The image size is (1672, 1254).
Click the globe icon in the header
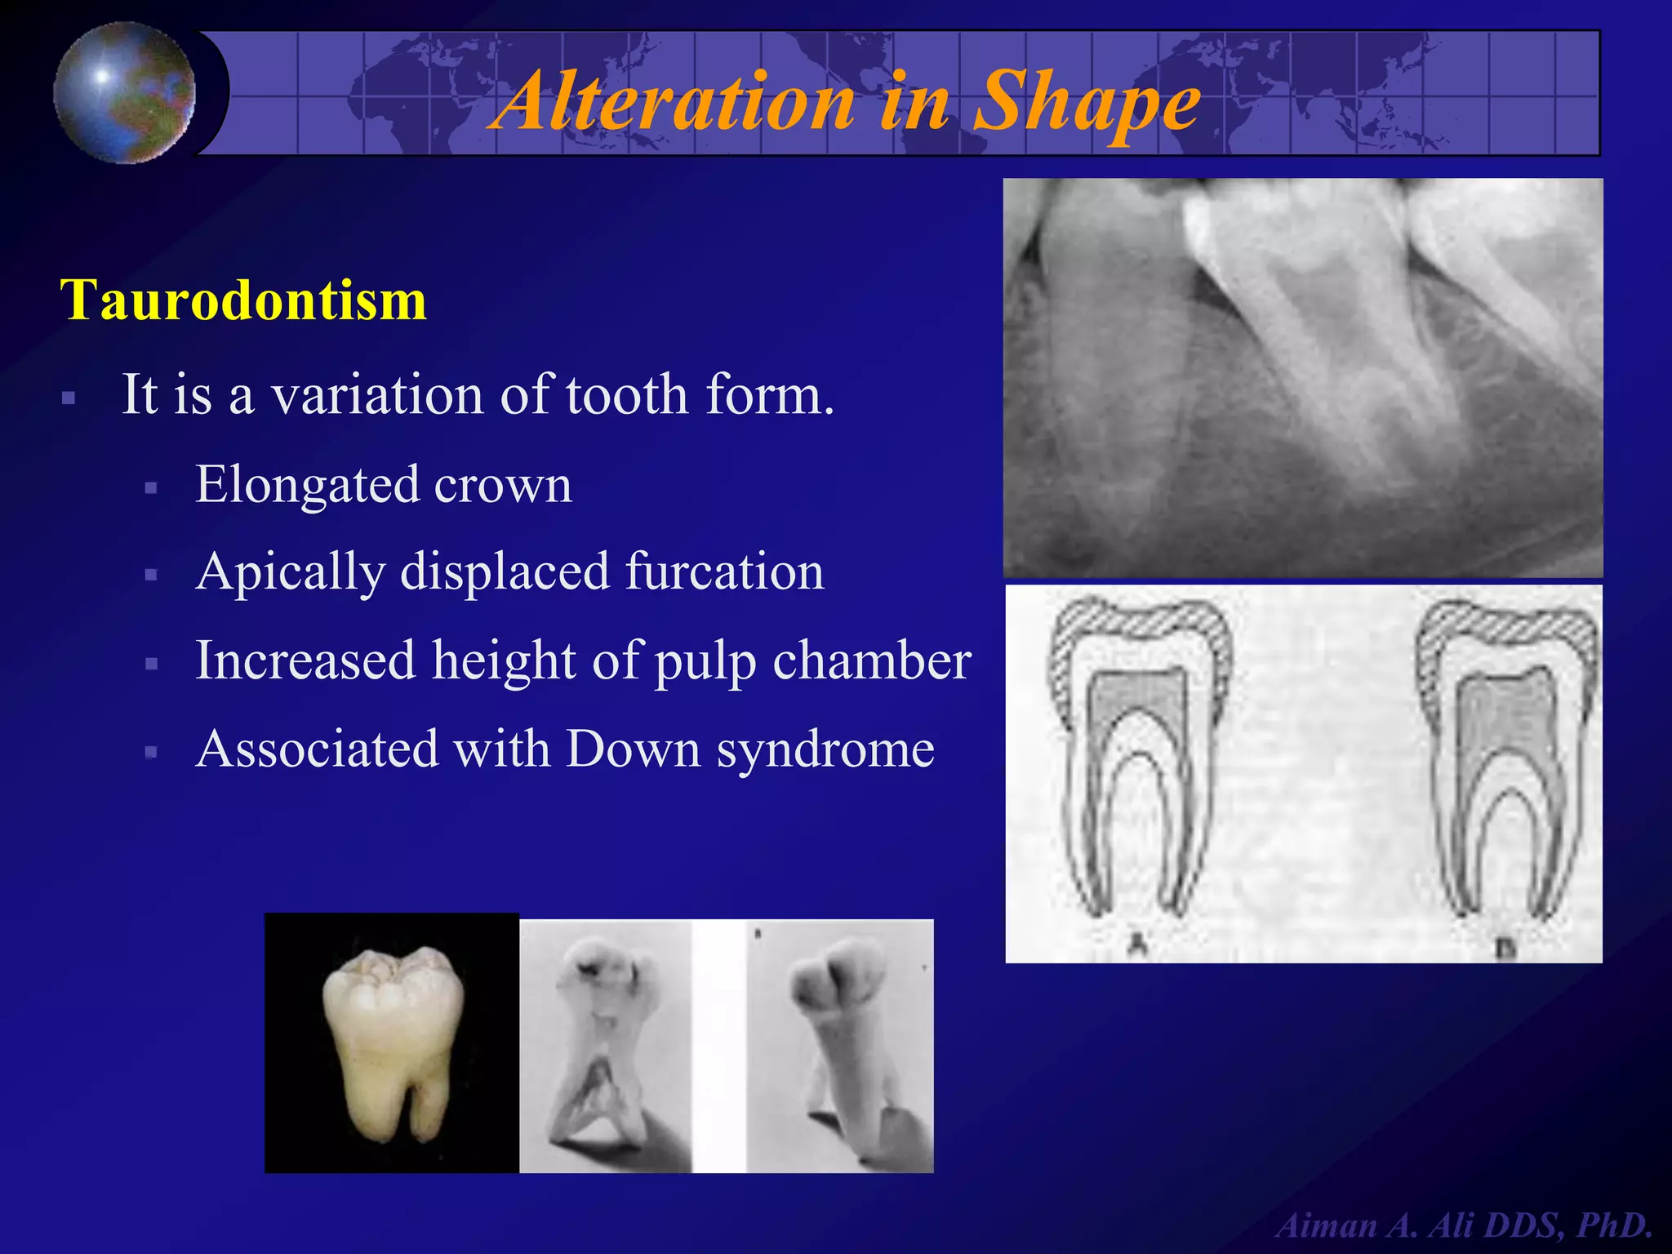point(124,92)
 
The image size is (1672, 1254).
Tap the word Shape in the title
point(1087,101)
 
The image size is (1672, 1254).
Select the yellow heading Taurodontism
point(243,300)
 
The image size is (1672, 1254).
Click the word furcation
point(724,571)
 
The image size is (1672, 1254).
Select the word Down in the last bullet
point(633,749)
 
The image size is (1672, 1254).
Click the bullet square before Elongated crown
point(150,488)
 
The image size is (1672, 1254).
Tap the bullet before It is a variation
point(69,399)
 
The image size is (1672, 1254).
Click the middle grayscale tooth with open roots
point(605,1045)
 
